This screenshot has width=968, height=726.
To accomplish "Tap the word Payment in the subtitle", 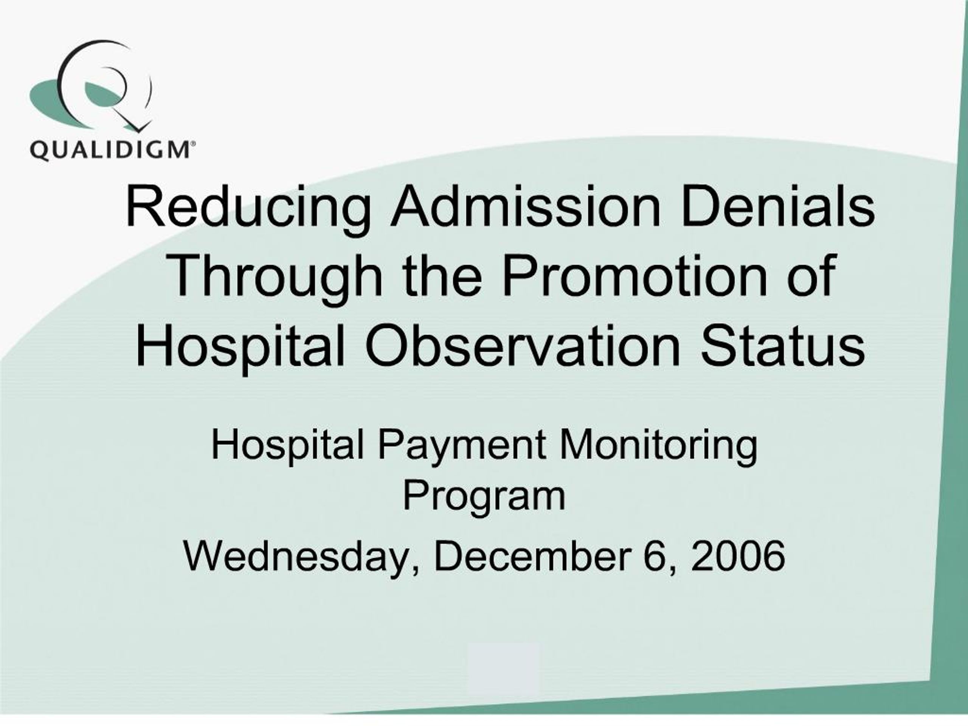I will coord(462,445).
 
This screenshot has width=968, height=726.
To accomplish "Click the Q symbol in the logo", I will coord(103,85).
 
